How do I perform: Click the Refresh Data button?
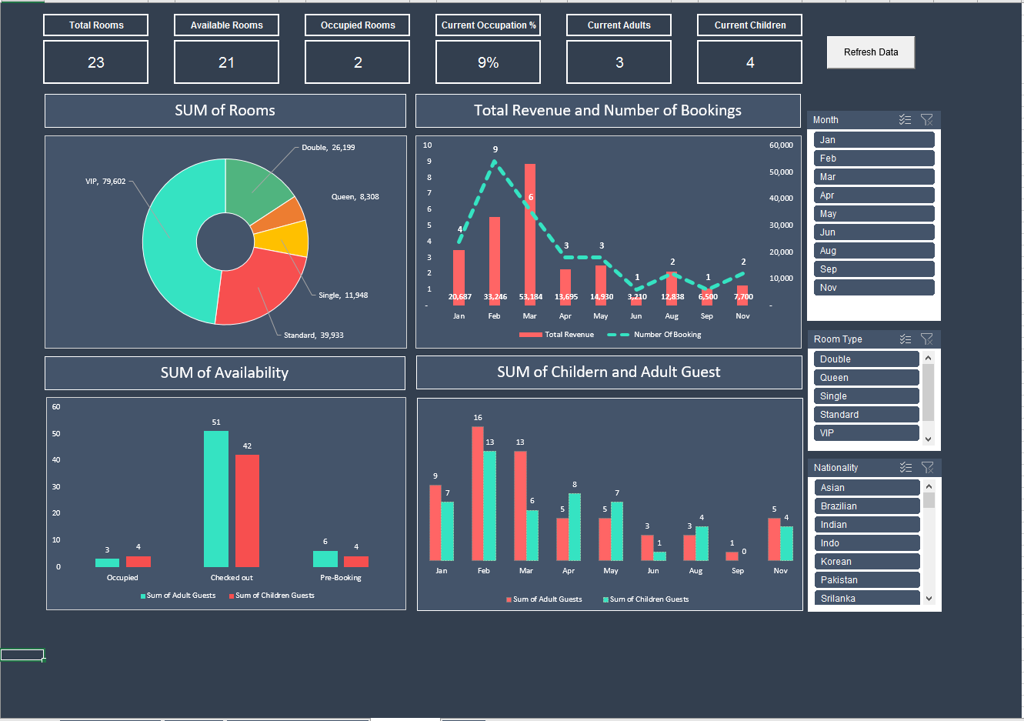click(x=870, y=52)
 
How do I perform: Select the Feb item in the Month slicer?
click(x=873, y=159)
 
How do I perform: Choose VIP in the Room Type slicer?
click(x=866, y=433)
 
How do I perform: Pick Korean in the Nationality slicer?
click(x=866, y=562)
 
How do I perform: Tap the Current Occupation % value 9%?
click(x=488, y=62)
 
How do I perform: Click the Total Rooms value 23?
click(x=95, y=62)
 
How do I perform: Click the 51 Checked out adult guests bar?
click(x=216, y=500)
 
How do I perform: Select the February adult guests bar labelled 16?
click(x=478, y=492)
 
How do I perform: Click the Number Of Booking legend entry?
click(x=666, y=335)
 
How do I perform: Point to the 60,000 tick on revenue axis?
click(x=781, y=145)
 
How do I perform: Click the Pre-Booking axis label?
click(x=341, y=578)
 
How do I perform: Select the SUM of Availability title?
click(x=225, y=373)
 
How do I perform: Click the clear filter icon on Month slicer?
click(x=926, y=120)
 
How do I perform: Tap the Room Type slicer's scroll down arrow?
click(x=928, y=439)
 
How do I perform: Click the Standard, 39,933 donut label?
click(x=314, y=335)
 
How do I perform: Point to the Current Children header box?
click(x=749, y=25)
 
